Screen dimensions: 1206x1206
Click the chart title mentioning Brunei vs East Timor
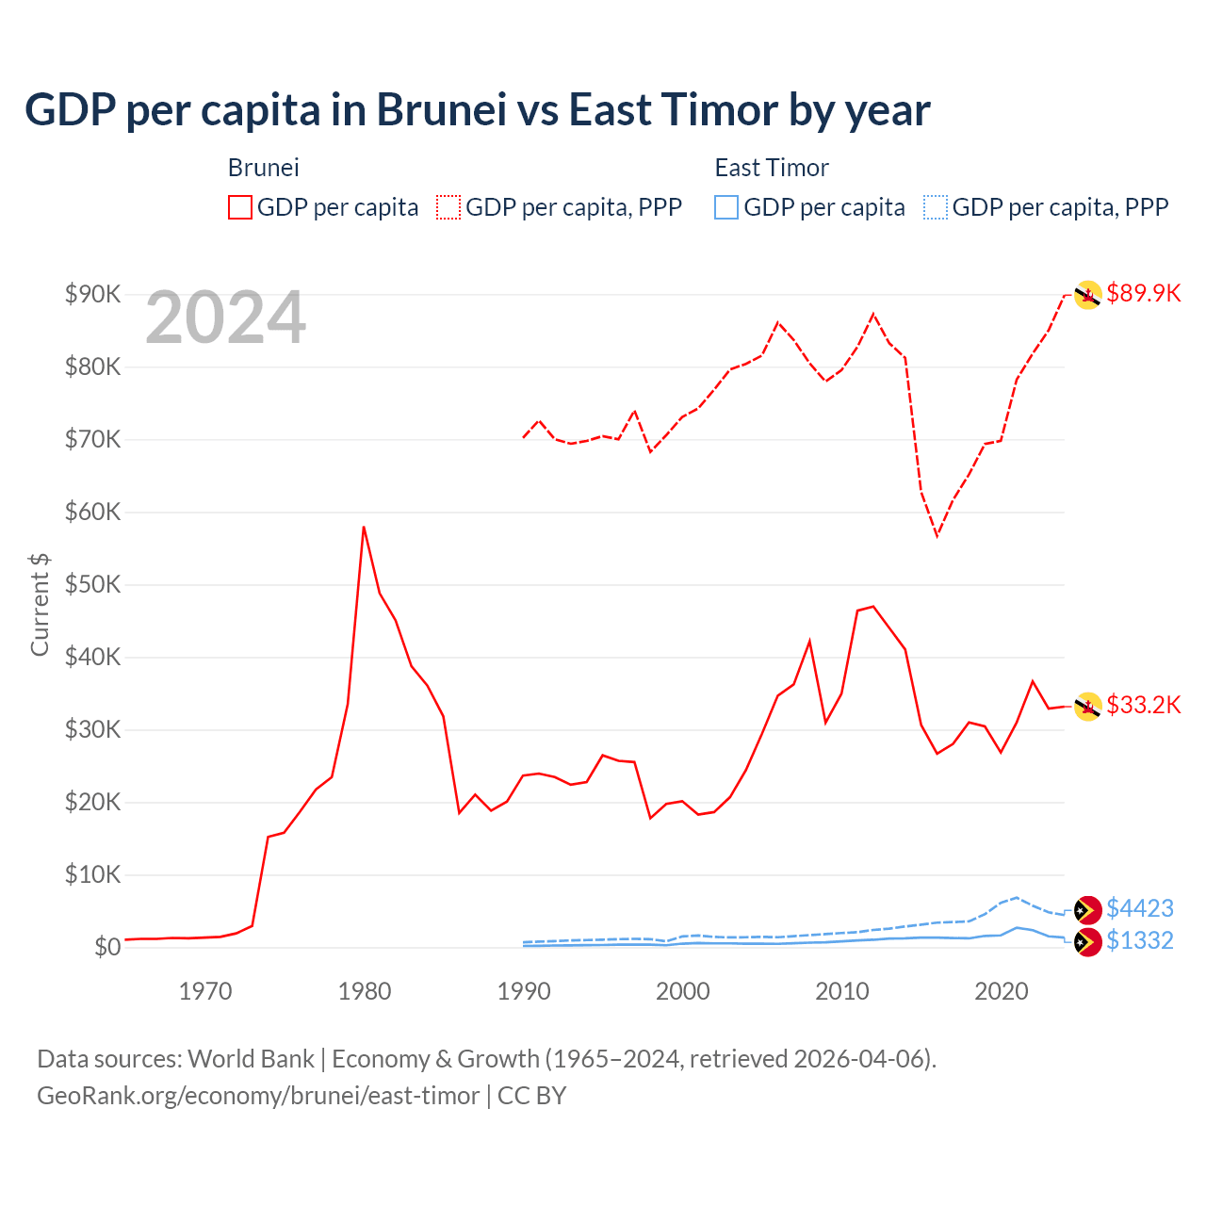click(x=477, y=110)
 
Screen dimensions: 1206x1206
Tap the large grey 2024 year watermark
click(x=225, y=318)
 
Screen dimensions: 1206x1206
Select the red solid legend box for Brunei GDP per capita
click(x=240, y=207)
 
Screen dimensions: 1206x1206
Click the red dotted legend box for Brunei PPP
click(x=448, y=207)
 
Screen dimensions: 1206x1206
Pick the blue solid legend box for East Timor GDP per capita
click(x=726, y=207)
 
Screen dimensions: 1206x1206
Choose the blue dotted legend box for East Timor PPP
click(x=936, y=207)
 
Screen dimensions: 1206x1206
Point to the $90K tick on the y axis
click(x=92, y=294)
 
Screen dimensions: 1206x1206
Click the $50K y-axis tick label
click(x=92, y=584)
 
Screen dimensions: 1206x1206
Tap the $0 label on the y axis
click(x=107, y=947)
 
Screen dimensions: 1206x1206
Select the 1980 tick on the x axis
click(x=365, y=991)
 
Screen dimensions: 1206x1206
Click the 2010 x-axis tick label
click(x=841, y=991)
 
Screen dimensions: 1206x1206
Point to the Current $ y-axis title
click(x=40, y=604)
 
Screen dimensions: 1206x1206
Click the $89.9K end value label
click(x=1143, y=293)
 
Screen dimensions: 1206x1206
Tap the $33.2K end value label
click(x=1143, y=705)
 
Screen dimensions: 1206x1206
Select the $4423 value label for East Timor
click(x=1140, y=908)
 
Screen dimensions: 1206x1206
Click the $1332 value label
click(x=1140, y=940)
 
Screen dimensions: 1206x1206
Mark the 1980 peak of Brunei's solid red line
click(x=364, y=527)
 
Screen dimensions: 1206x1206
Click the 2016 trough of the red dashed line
click(x=937, y=536)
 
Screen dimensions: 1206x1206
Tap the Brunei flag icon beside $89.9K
click(x=1088, y=295)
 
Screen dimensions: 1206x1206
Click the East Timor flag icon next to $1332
click(x=1088, y=942)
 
